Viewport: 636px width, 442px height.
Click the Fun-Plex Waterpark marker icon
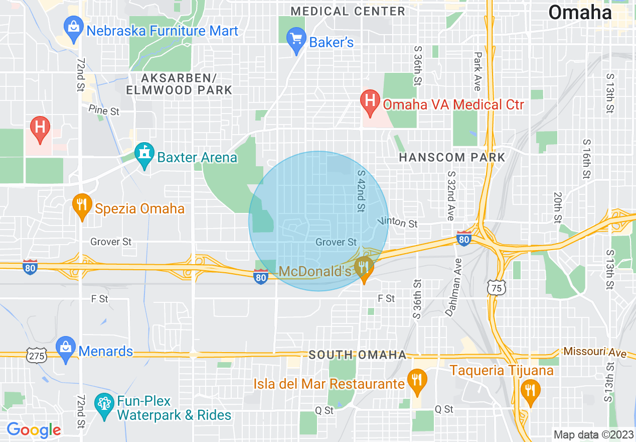click(104, 406)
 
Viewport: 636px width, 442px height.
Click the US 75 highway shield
click(497, 287)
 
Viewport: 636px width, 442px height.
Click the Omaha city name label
click(580, 13)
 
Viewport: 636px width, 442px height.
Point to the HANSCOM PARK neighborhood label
click(452, 157)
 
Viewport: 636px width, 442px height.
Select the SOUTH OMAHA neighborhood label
click(357, 355)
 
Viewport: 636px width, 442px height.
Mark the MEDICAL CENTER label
click(348, 11)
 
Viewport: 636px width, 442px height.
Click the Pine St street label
click(104, 110)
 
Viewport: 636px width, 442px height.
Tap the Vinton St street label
click(398, 222)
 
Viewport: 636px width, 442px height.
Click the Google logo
click(34, 430)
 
